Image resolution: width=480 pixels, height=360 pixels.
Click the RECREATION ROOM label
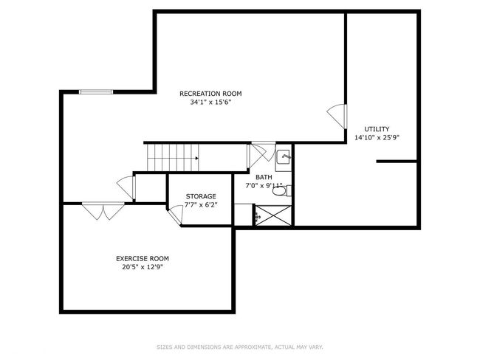click(210, 94)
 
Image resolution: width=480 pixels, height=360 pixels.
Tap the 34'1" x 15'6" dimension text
click(210, 102)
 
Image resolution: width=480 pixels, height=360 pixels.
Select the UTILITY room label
click(377, 129)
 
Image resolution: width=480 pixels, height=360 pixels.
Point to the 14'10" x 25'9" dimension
click(377, 138)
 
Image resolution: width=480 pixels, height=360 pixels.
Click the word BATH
click(264, 177)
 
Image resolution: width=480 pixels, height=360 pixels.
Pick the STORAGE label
click(201, 196)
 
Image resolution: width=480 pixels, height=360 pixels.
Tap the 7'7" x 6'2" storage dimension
click(201, 205)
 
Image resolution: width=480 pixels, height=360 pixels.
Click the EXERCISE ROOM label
click(143, 259)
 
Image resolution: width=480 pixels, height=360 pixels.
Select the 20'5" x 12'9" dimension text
click(143, 267)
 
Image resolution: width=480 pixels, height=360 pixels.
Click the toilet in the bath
click(281, 191)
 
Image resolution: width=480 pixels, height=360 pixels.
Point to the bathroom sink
click(284, 157)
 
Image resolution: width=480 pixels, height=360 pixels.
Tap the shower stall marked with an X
click(273, 215)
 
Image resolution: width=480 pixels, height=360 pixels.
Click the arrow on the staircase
click(196, 158)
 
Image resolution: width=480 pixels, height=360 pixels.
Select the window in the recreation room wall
click(96, 91)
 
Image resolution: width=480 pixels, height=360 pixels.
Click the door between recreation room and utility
click(337, 117)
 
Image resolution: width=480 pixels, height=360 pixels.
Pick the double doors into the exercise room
click(103, 211)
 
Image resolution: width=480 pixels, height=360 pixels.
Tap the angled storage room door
click(176, 215)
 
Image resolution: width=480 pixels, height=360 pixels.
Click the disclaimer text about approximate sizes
click(240, 347)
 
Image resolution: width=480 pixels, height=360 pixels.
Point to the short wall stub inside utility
click(397, 162)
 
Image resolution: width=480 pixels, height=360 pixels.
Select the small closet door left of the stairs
click(126, 187)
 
